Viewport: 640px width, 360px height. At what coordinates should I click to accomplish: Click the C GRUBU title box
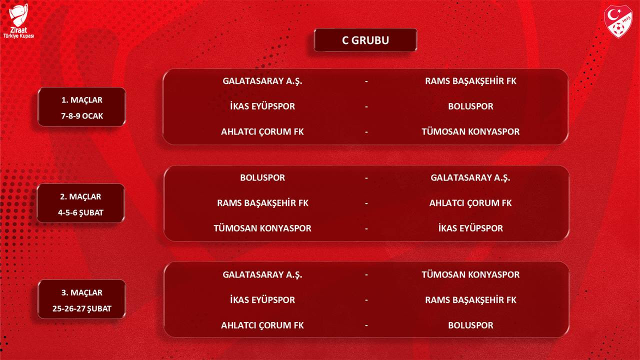(365, 40)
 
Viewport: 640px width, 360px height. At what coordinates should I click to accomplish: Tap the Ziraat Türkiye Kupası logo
(18, 21)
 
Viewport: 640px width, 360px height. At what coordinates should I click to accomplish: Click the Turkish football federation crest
(618, 21)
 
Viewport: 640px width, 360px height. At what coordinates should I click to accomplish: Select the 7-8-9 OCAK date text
(82, 116)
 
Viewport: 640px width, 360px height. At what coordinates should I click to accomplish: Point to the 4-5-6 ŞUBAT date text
(80, 212)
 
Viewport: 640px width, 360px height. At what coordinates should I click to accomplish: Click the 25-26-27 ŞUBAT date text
(81, 308)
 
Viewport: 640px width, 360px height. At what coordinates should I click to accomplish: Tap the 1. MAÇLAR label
(82, 100)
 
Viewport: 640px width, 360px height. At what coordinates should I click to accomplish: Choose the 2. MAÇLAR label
(80, 196)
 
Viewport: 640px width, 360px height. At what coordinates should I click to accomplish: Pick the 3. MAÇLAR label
(82, 292)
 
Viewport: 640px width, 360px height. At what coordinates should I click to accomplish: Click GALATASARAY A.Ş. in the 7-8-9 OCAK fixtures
(262, 81)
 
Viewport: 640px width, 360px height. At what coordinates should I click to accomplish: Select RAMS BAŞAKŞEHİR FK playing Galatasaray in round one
(470, 81)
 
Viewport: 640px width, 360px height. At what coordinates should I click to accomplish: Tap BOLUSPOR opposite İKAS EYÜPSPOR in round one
(470, 106)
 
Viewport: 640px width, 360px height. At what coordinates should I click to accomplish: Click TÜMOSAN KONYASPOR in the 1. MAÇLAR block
(470, 131)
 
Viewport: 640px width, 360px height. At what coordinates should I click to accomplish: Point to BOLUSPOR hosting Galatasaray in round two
(262, 177)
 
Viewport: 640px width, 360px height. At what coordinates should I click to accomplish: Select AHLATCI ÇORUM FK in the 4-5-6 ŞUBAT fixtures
(470, 203)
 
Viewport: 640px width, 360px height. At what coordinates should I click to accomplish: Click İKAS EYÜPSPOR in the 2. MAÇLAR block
(470, 228)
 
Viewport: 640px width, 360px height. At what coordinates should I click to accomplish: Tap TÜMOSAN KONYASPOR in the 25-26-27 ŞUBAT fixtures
(470, 274)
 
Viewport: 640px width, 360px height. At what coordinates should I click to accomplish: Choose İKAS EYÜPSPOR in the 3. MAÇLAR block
(262, 299)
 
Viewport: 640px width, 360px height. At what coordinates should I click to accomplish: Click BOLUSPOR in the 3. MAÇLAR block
(470, 325)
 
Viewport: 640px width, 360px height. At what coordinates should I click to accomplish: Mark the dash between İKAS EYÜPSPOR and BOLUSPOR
(366, 107)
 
